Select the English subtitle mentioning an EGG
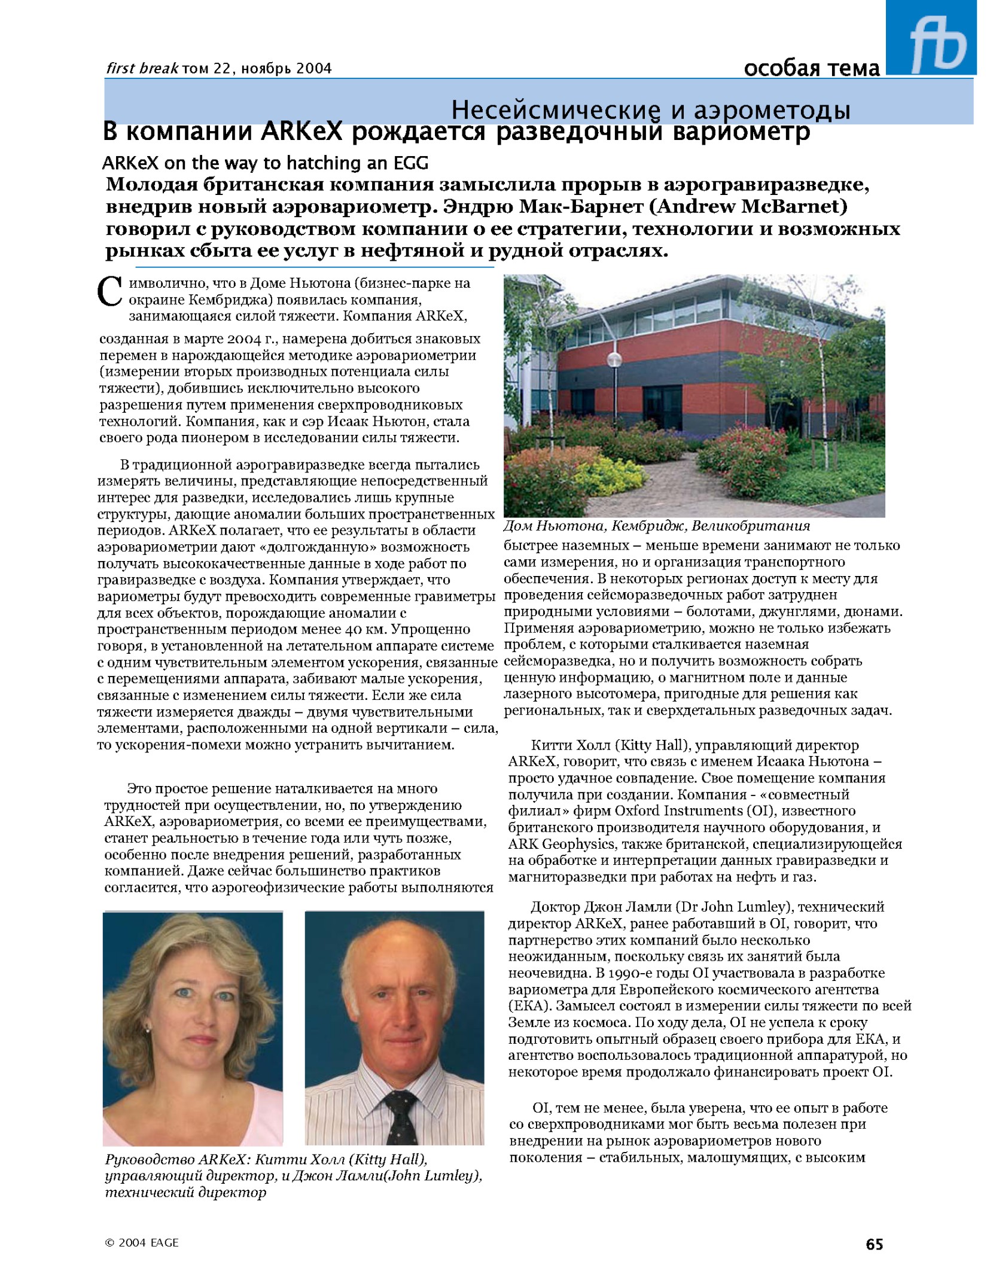(265, 163)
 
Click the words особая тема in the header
(812, 69)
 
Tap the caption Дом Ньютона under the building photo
(656, 526)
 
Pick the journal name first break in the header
(142, 69)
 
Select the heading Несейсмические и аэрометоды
(650, 110)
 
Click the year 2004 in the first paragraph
(245, 339)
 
